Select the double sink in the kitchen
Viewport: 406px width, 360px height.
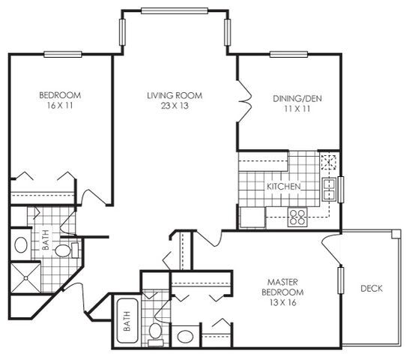click(x=328, y=188)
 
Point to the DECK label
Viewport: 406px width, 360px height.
click(x=372, y=288)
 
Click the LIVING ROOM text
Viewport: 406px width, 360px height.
click(x=174, y=95)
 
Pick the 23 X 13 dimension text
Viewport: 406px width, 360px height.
click(x=174, y=106)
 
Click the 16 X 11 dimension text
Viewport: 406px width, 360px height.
click(x=60, y=106)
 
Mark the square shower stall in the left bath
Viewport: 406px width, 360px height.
click(x=27, y=277)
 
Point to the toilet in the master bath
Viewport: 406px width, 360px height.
click(x=156, y=329)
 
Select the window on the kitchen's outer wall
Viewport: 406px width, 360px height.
click(x=340, y=188)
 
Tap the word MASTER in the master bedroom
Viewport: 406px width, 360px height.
click(x=282, y=280)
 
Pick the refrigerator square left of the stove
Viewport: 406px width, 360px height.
click(x=251, y=217)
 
